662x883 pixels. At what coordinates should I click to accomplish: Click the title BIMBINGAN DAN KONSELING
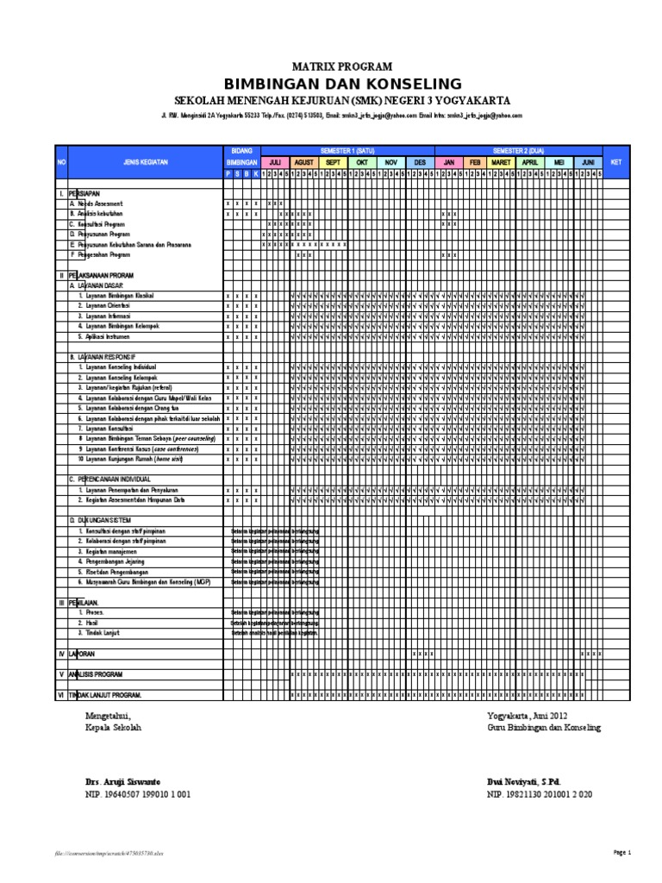coord(342,84)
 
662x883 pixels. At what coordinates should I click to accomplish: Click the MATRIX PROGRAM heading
coord(342,66)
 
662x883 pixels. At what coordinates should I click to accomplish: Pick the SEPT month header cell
coord(334,161)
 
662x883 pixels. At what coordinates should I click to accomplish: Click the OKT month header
coord(362,161)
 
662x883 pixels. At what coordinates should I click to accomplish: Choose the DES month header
coord(420,161)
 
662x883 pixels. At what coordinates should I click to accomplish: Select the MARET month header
coord(501,161)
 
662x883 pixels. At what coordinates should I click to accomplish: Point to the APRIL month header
coord(530,161)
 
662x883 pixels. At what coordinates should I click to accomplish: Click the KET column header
coord(615,161)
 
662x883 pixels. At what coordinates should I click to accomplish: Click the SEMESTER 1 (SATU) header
coord(348,149)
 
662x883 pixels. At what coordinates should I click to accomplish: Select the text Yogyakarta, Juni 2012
coord(528,716)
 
